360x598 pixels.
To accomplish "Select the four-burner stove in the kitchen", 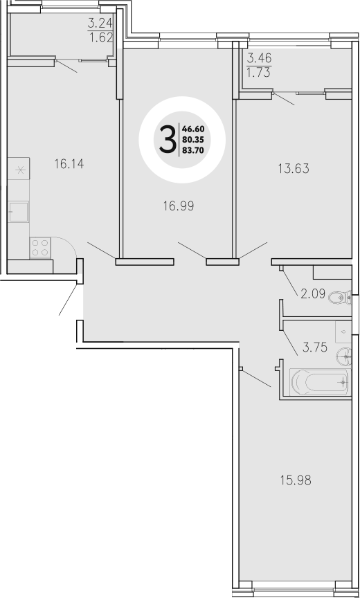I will click(40, 247).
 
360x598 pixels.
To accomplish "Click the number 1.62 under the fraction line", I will click(99, 39).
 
